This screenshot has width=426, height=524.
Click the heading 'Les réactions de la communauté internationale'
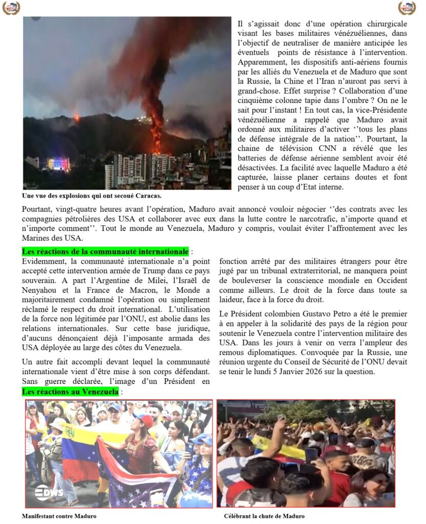[x=105, y=252]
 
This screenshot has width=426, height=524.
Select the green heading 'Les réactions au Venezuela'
[x=70, y=391]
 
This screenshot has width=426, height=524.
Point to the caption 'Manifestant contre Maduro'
[x=59, y=516]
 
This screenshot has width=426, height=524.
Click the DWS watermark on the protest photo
[x=49, y=492]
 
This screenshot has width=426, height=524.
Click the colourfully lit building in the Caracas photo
[x=58, y=163]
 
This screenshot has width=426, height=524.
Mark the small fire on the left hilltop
[x=77, y=118]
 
